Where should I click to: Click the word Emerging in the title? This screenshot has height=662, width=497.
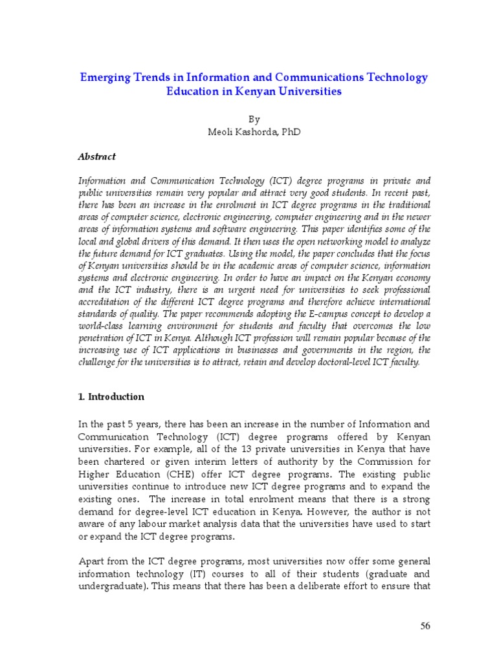click(102, 78)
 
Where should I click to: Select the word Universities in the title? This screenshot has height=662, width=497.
click(307, 92)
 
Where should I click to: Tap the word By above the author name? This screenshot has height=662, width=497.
click(254, 120)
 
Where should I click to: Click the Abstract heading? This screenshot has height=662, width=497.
click(96, 156)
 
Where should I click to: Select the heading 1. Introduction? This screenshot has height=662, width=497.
click(111, 397)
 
